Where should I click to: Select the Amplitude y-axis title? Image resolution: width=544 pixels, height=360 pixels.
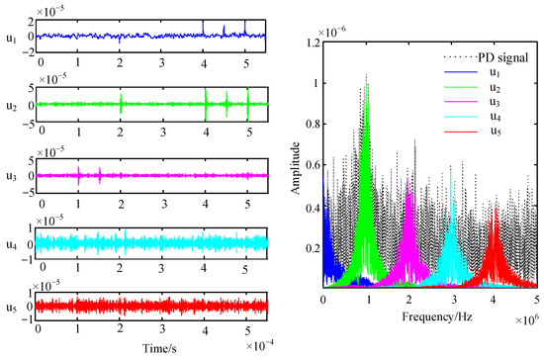tap(294, 167)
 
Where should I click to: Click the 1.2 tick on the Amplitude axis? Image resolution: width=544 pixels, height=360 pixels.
tap(311, 44)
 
